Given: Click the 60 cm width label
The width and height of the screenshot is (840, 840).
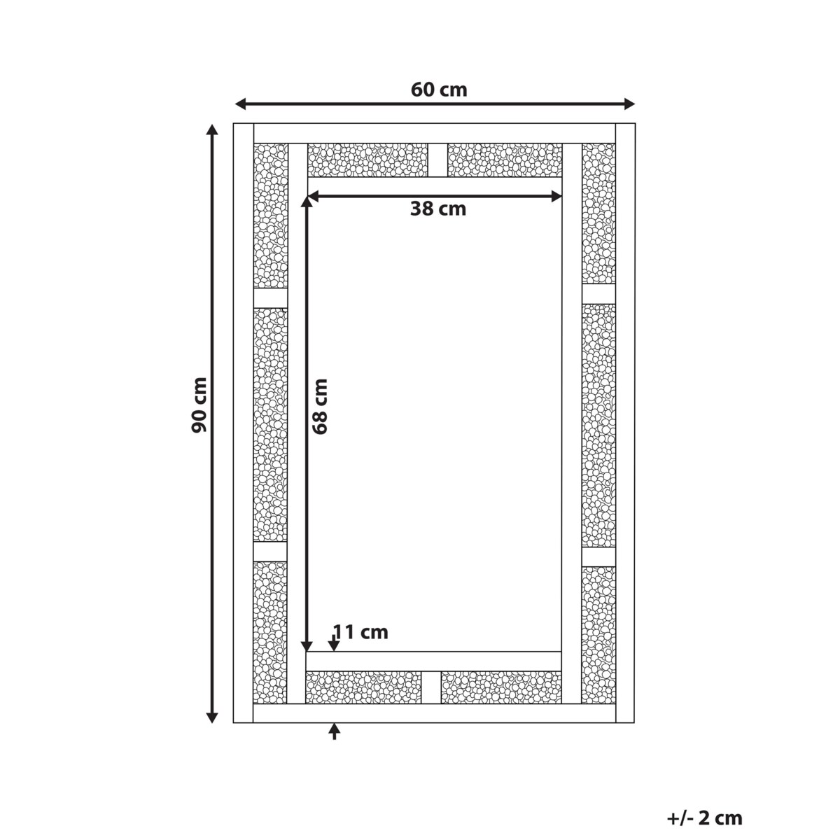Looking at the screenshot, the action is pyautogui.click(x=438, y=90).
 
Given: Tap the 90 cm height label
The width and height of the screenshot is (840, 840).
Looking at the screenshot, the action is pyautogui.click(x=199, y=405).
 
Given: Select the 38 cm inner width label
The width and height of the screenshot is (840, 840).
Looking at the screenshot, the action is pyautogui.click(x=438, y=209).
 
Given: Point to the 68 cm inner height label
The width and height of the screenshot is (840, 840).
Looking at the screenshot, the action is pyautogui.click(x=320, y=406).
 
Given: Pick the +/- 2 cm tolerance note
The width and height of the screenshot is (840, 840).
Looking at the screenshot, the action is pyautogui.click(x=705, y=782).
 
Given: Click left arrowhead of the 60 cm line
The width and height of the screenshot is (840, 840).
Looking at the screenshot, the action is pyautogui.click(x=240, y=104).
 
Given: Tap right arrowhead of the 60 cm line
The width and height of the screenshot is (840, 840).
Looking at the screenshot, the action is pyautogui.click(x=629, y=104).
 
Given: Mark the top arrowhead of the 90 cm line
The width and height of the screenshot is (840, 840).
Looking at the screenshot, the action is pyautogui.click(x=211, y=130).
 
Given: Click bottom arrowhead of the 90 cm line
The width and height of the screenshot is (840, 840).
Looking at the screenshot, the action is pyautogui.click(x=211, y=717).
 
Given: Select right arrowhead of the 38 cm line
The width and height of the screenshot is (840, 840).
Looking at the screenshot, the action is pyautogui.click(x=556, y=197).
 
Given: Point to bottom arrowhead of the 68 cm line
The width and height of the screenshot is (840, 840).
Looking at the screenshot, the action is pyautogui.click(x=307, y=646).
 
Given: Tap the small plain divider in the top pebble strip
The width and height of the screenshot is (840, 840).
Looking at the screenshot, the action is pyautogui.click(x=437, y=160).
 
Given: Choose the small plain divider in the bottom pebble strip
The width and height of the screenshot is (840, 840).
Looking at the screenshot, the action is pyautogui.click(x=431, y=687).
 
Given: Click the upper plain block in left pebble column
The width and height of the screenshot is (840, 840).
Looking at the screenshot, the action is pyautogui.click(x=270, y=298).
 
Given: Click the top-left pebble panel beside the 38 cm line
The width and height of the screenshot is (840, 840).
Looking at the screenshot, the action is pyautogui.click(x=367, y=160).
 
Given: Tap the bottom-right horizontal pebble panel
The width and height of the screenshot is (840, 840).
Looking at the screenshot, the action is pyautogui.click(x=501, y=687).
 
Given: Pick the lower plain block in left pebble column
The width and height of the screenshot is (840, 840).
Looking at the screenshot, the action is pyautogui.click(x=270, y=552).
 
